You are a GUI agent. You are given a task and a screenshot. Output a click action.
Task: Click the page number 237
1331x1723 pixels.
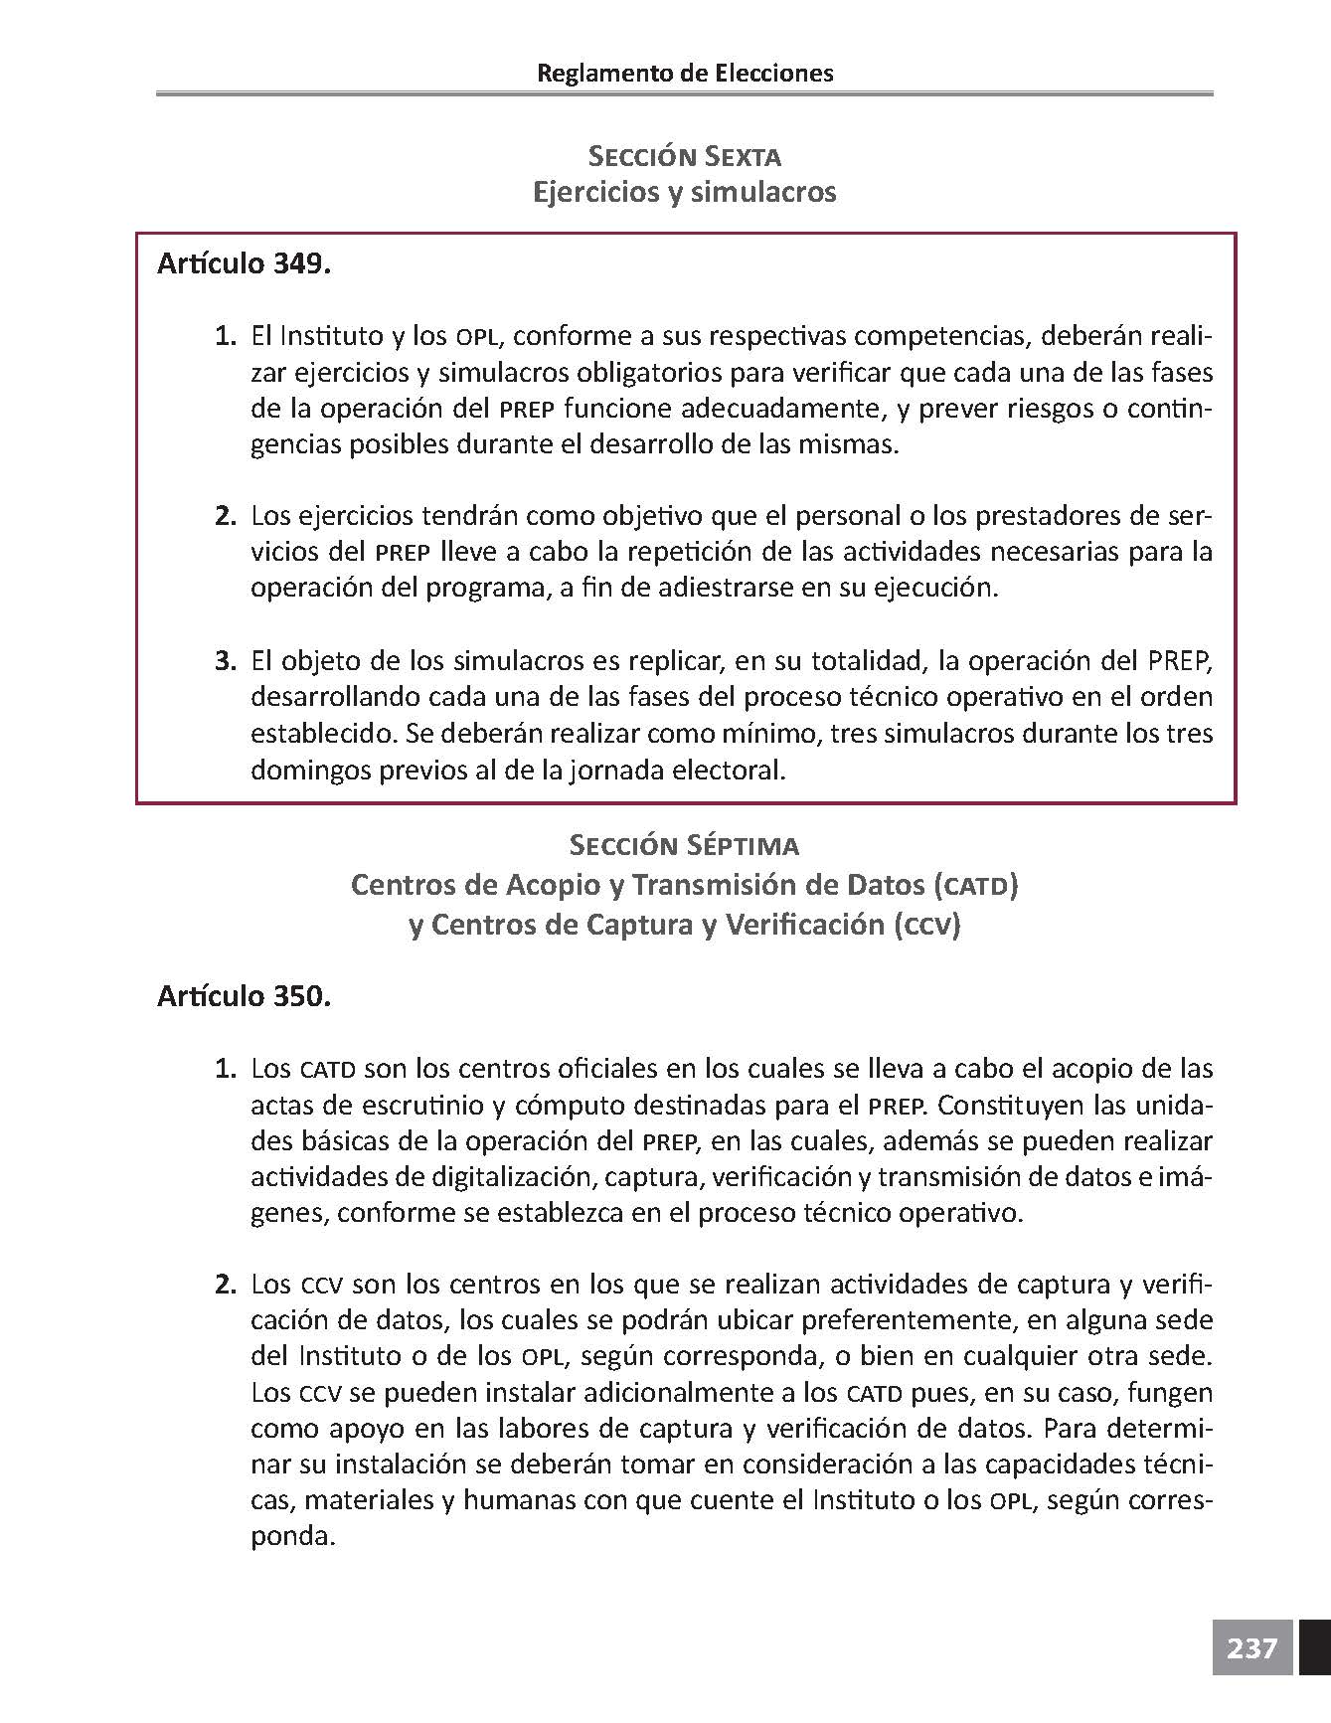tap(1251, 1648)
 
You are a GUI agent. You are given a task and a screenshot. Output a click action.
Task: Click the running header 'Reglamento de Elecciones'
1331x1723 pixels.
tap(685, 73)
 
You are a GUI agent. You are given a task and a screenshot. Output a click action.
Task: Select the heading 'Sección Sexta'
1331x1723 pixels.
tap(685, 156)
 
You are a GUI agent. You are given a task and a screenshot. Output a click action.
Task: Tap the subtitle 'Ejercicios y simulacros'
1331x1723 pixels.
tap(685, 191)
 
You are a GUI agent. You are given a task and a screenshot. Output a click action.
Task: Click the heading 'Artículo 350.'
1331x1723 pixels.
tap(244, 996)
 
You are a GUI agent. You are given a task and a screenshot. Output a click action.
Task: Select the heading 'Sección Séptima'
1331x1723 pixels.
tap(685, 845)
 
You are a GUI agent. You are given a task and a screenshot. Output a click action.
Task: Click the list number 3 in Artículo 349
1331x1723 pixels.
tap(226, 661)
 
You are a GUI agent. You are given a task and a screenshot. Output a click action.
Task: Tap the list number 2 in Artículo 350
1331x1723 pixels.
tap(226, 1285)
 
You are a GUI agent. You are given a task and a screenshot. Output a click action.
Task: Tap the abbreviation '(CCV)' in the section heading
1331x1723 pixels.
tap(926, 926)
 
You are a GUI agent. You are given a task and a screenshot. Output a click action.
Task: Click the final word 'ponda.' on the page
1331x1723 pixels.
tap(290, 1537)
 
